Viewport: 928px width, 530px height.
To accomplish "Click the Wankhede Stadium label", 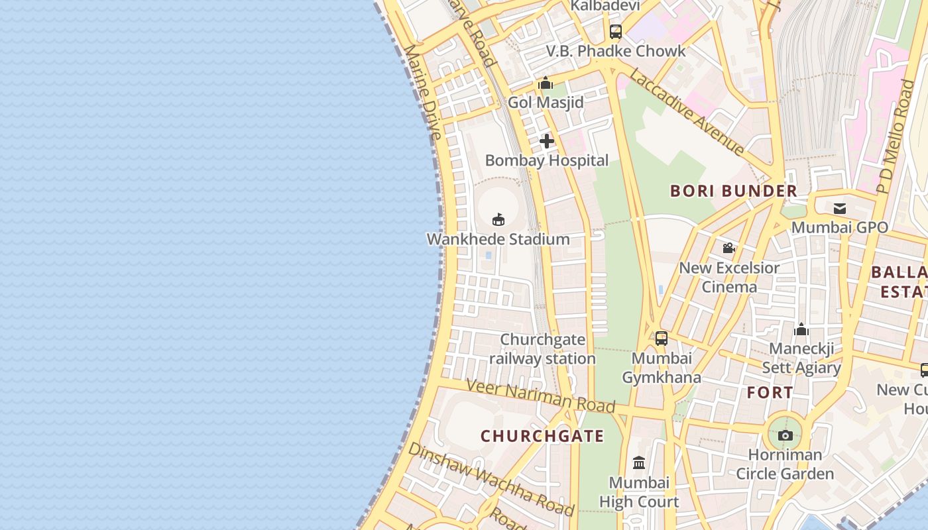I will [x=498, y=239].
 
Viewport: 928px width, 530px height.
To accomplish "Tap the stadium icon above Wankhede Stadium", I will [x=498, y=219].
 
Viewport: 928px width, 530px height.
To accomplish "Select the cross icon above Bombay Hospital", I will [x=546, y=141].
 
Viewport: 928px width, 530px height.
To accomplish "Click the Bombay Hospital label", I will [x=546, y=160].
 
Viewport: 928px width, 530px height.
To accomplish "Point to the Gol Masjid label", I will [x=546, y=103].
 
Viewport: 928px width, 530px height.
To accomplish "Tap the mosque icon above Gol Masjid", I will [x=546, y=83].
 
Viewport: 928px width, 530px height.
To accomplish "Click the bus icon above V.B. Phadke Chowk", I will [x=616, y=31].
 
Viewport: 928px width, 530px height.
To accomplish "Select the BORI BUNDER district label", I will [x=734, y=191].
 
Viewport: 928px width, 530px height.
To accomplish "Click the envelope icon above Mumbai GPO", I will [x=840, y=209].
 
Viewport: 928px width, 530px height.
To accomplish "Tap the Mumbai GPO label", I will [x=840, y=227].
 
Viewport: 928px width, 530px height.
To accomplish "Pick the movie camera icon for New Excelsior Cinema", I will [x=729, y=248].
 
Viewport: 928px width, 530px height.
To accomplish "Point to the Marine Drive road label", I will [x=422, y=92].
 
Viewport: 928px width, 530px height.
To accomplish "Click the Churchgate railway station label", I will [x=542, y=349].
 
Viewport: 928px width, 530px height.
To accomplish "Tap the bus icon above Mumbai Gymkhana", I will [x=661, y=339].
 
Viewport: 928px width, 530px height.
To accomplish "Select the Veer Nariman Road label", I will [x=540, y=396].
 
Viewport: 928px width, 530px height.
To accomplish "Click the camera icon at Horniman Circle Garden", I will [x=785, y=436].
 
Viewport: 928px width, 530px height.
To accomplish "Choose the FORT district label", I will [x=770, y=392].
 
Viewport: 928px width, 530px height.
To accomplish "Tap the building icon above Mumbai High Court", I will [x=639, y=462].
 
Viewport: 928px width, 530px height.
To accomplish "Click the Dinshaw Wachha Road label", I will [x=491, y=479].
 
